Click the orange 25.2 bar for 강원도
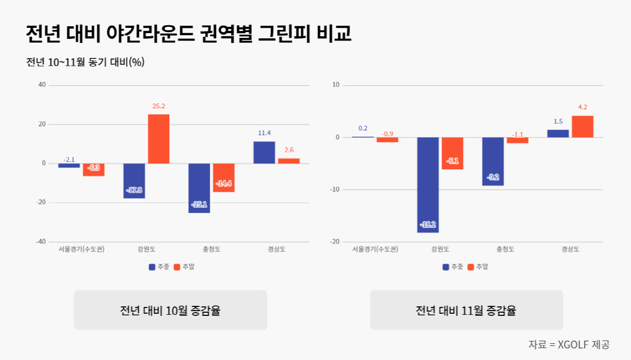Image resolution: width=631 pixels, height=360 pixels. click(158, 139)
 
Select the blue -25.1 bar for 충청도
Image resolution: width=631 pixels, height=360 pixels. click(199, 188)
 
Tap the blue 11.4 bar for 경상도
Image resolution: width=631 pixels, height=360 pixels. click(264, 152)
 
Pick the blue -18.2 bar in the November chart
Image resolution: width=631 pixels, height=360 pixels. click(428, 184)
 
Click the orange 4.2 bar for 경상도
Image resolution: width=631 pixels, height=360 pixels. click(583, 127)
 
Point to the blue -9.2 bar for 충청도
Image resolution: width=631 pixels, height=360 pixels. click(493, 161)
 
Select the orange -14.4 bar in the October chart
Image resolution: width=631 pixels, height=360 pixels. click(223, 178)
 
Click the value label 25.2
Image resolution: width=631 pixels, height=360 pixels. click(158, 106)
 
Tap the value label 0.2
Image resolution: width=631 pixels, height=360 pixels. click(363, 128)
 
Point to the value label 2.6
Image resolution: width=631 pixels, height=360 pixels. click(289, 150)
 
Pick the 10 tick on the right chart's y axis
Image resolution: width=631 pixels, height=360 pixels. click(337, 85)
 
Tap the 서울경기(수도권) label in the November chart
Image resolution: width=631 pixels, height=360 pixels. click(375, 249)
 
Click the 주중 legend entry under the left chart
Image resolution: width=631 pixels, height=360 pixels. click(159, 267)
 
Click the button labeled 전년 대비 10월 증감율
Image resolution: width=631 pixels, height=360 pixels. click(170, 310)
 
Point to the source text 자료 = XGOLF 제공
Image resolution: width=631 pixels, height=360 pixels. click(568, 345)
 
